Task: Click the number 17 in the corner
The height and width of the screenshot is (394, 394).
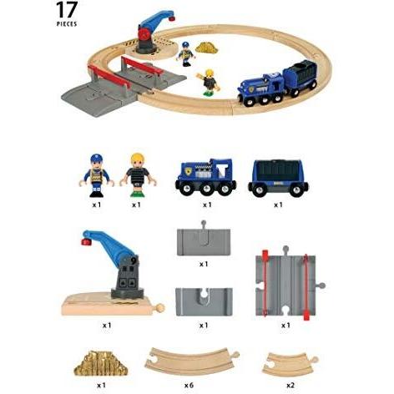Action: point(68,11)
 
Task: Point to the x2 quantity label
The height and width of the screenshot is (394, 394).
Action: point(288,386)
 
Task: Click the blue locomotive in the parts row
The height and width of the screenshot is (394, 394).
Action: point(205,175)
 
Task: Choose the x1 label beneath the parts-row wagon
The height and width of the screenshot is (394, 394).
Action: point(278,204)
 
